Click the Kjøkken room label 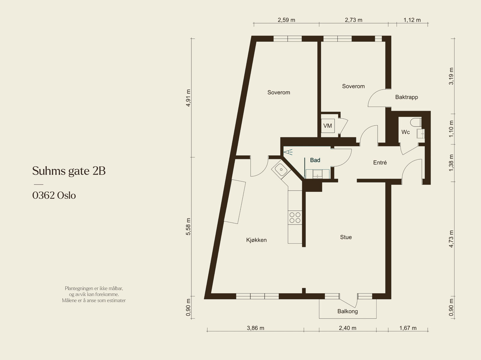[256, 240]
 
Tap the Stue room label [346, 237]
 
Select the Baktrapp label [406, 97]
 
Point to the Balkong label [348, 311]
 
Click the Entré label [380, 163]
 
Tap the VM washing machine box [328, 126]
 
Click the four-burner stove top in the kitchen [295, 218]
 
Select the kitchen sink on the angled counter [281, 169]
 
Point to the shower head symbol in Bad [288, 152]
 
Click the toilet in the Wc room [416, 122]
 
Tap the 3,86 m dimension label [256, 328]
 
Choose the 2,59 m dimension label [286, 20]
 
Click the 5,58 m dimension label [188, 227]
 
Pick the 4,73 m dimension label [451, 239]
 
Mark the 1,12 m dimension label [412, 20]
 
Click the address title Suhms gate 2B [69, 171]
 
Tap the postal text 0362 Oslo [54, 195]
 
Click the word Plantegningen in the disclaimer [79, 288]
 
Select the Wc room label [406, 132]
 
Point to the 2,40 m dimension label [348, 328]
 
